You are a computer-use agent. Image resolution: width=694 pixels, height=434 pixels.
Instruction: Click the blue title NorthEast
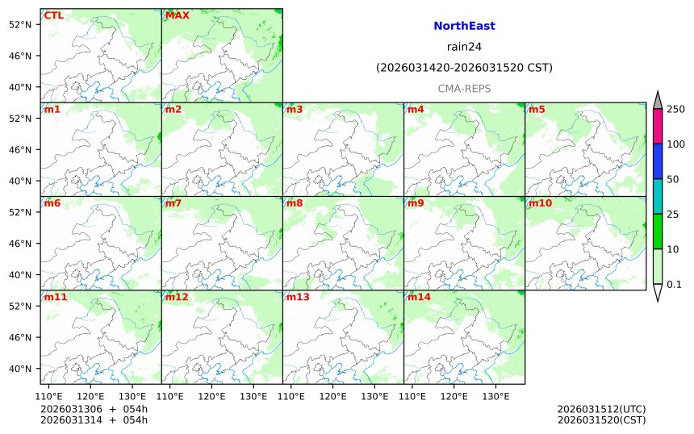coord(464,26)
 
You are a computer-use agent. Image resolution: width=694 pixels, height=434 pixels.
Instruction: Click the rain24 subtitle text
coord(464,46)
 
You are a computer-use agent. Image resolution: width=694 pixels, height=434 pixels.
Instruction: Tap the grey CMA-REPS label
coord(464,88)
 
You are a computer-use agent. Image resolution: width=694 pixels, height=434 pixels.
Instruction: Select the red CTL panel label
coord(54,15)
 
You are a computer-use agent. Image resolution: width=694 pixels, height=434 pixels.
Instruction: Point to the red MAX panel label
coord(177,15)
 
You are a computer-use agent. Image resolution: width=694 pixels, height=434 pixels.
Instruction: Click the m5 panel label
coord(536,110)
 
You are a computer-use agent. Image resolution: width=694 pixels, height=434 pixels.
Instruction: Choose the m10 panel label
coord(539,203)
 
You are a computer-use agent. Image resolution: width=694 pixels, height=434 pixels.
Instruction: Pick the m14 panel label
coord(418,297)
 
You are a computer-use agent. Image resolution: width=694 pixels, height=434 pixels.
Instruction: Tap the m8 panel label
coord(294,203)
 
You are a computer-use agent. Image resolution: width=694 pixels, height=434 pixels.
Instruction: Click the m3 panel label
coord(294,110)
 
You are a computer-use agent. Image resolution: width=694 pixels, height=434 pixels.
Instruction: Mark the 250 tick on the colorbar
coord(675,109)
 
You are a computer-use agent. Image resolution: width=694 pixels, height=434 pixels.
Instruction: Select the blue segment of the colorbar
coord(657,161)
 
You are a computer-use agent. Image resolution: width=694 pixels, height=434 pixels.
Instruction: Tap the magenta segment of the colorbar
coord(657,126)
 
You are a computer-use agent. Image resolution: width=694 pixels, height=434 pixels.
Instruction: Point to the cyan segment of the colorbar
coord(657,196)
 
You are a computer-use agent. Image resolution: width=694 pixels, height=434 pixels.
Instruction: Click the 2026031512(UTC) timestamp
coord(601,409)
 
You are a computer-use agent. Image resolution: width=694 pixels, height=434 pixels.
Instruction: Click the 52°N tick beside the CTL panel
coord(19,24)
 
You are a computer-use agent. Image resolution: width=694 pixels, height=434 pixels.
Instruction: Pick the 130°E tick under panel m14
coord(495,396)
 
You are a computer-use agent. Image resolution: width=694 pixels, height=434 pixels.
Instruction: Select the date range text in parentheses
coord(464,68)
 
